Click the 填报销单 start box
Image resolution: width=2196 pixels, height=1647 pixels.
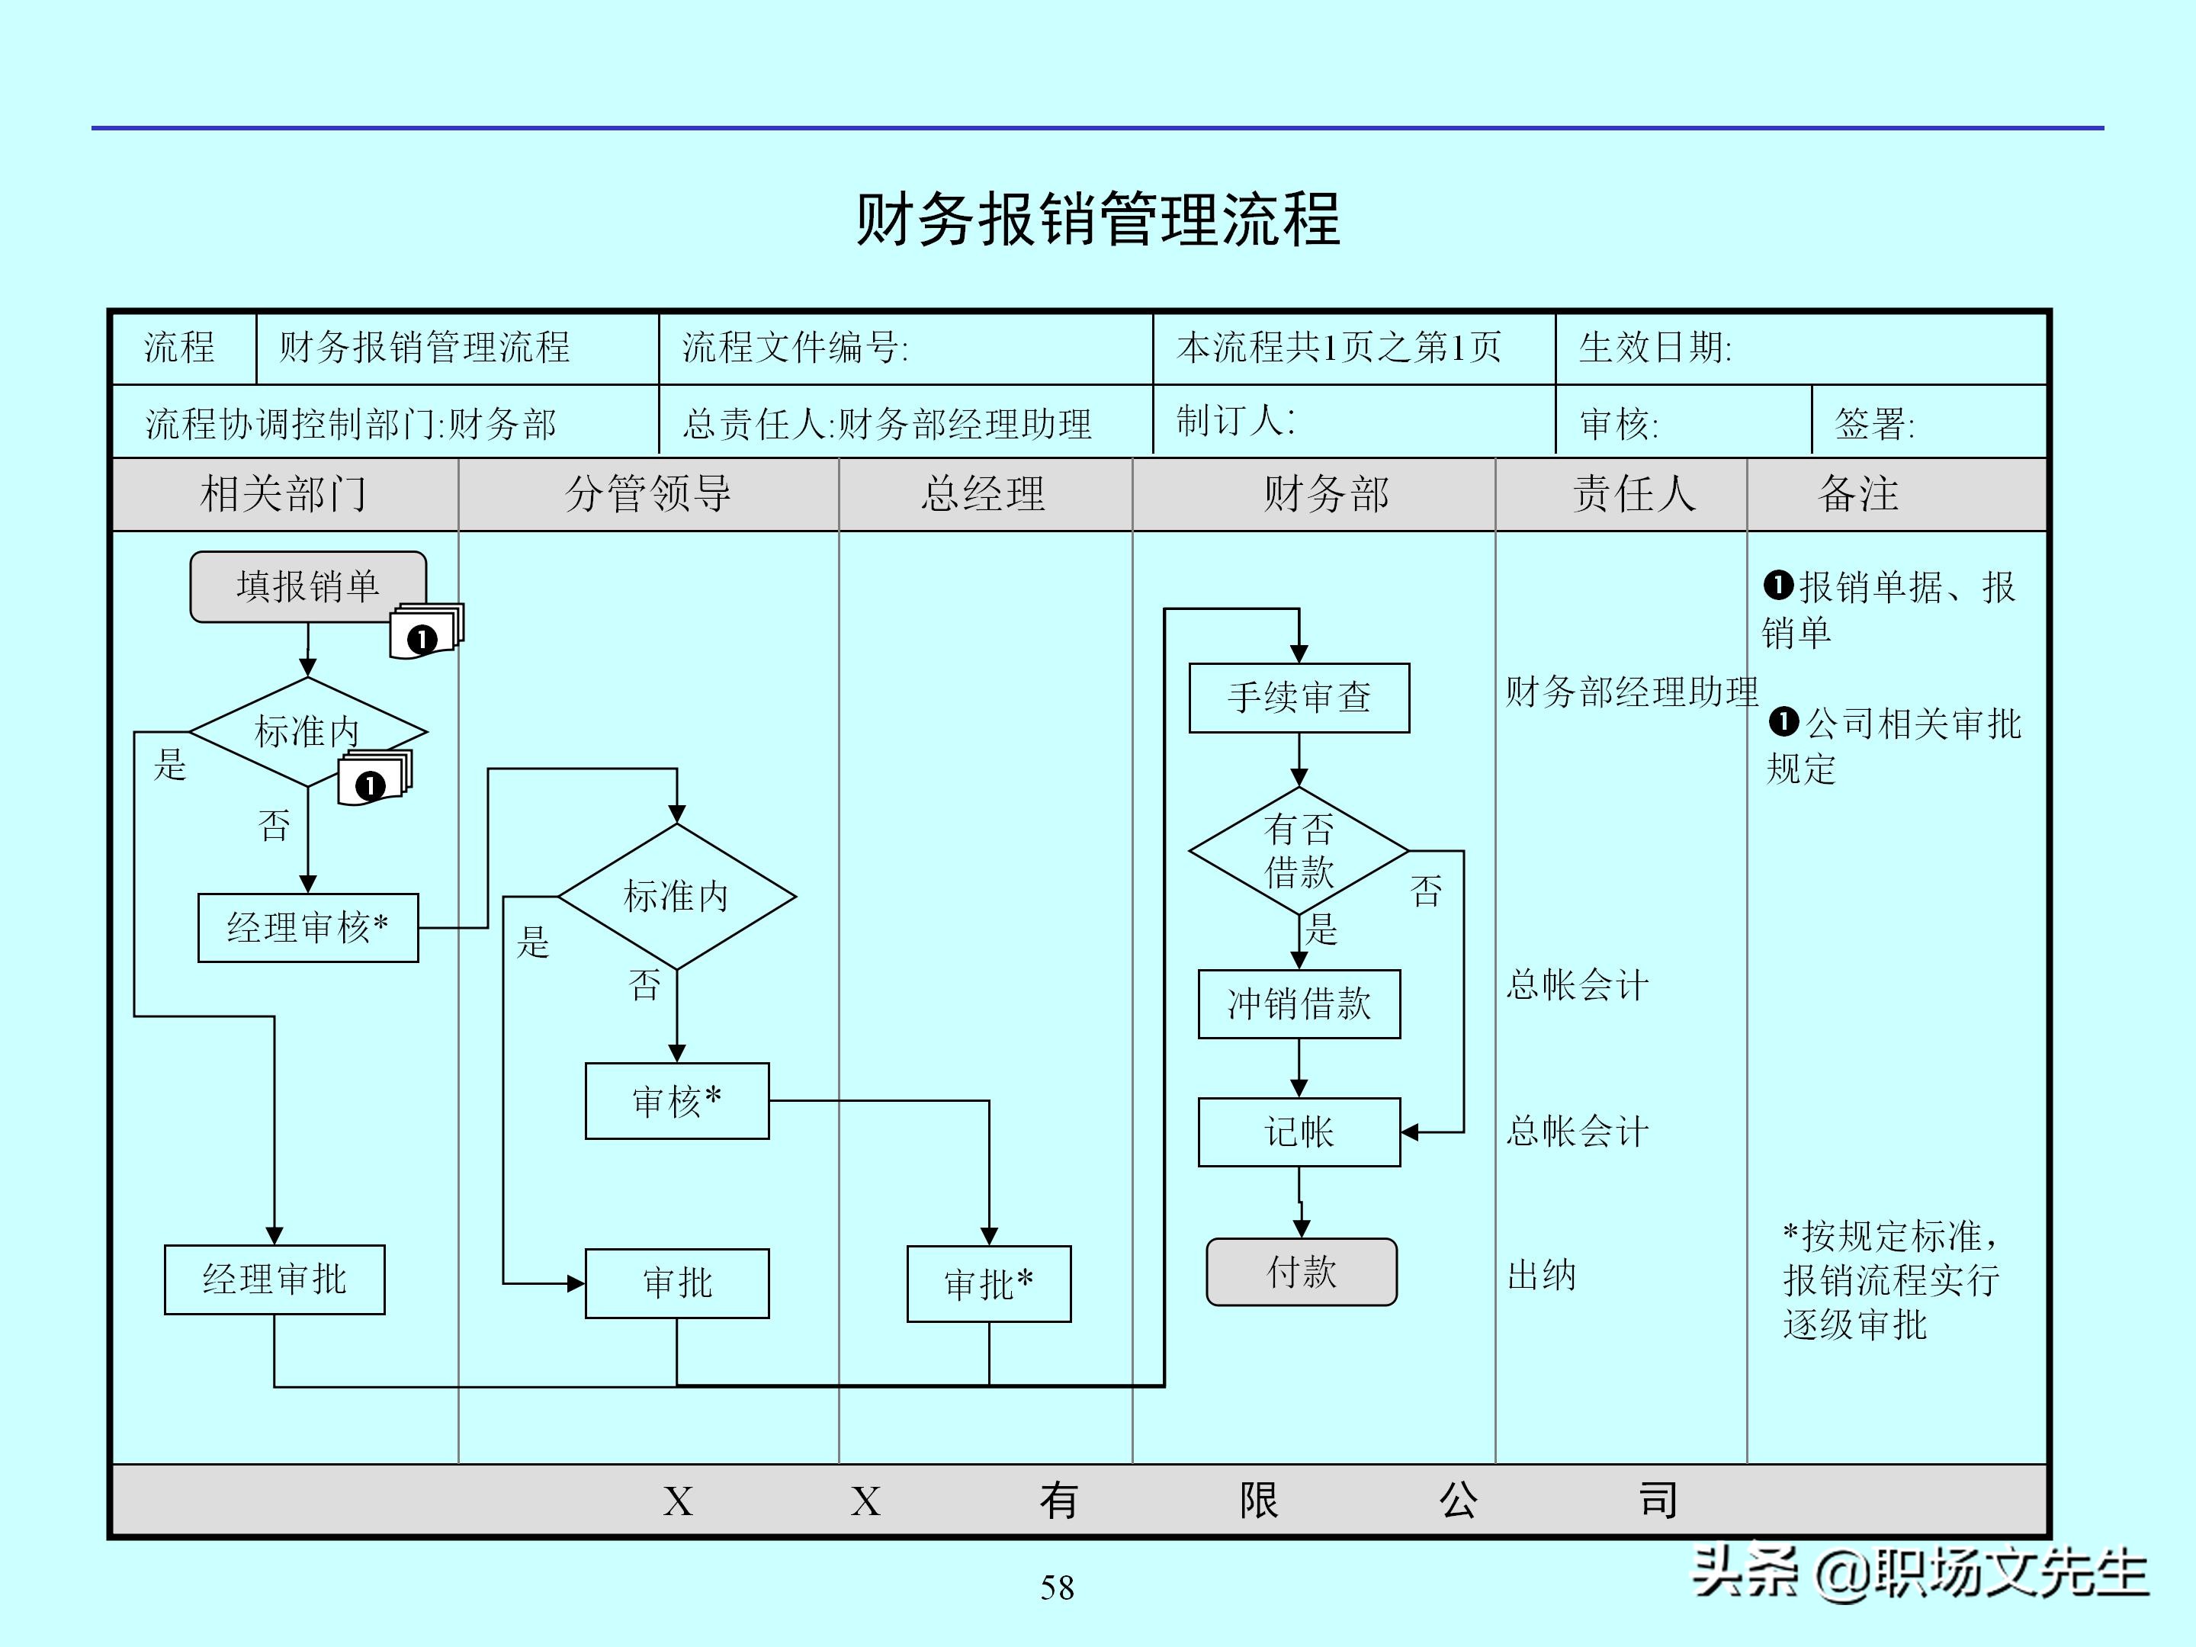(x=308, y=586)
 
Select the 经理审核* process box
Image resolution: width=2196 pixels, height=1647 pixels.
(x=308, y=927)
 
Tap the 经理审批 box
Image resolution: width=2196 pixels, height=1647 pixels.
(x=274, y=1279)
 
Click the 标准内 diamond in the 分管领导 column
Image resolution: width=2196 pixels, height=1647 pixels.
(x=677, y=897)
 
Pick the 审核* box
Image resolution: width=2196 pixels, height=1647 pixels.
(x=677, y=1101)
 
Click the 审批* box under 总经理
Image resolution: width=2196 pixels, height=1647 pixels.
(x=989, y=1283)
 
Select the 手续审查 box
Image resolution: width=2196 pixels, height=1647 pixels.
(x=1299, y=698)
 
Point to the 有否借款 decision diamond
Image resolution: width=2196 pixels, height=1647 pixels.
(x=1299, y=851)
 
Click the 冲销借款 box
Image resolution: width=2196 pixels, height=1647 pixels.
(x=1299, y=1003)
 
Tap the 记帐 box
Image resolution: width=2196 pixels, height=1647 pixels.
(x=1299, y=1132)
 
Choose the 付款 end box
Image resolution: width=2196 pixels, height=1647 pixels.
(x=1302, y=1272)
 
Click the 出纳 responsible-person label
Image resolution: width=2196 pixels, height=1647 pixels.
(x=1542, y=1275)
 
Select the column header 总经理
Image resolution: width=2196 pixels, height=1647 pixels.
(x=984, y=493)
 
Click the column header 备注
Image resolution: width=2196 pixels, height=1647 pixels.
(x=1858, y=493)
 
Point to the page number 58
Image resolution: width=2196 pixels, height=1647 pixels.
(x=1058, y=1588)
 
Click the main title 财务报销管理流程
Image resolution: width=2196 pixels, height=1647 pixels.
(x=1098, y=220)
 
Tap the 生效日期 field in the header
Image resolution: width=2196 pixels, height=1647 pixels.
(x=1655, y=348)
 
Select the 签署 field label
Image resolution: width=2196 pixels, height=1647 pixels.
(x=1874, y=424)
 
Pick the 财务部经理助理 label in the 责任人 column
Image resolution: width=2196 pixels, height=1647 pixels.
(x=1631, y=692)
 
